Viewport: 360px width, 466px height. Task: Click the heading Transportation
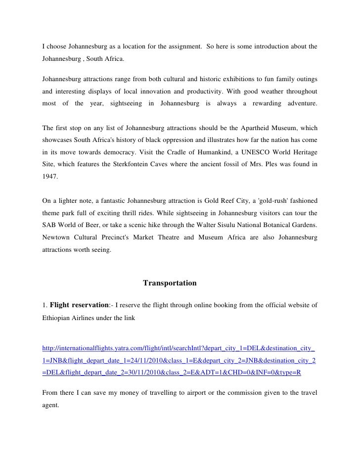(170, 283)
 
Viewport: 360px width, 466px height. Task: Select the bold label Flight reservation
(77, 304)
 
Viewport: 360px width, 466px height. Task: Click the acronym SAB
(49, 226)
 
